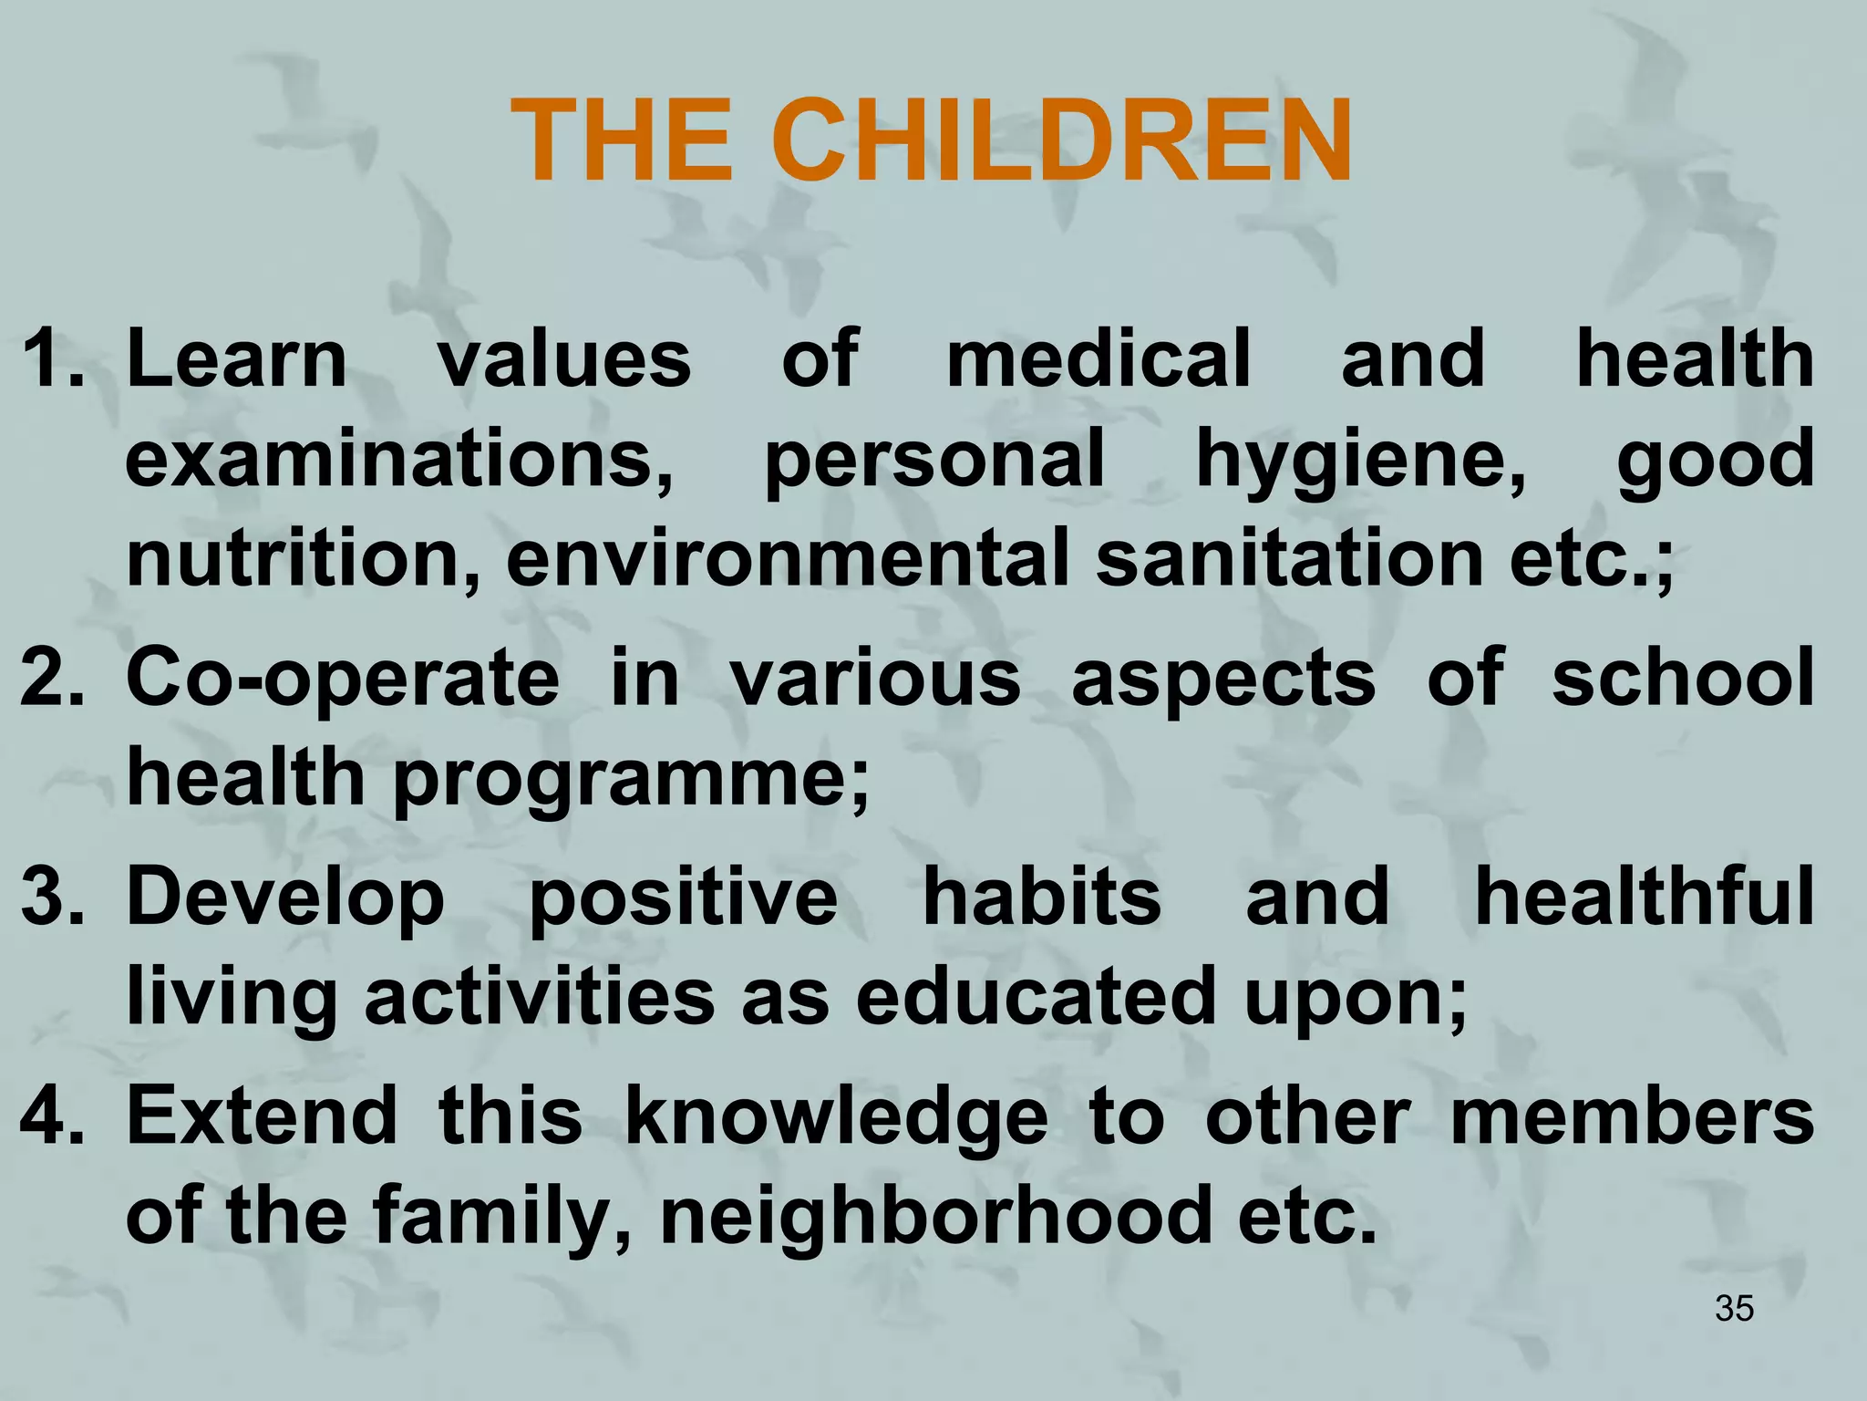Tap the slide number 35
click(1734, 1308)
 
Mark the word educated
click(1036, 997)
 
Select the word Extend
click(262, 1116)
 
